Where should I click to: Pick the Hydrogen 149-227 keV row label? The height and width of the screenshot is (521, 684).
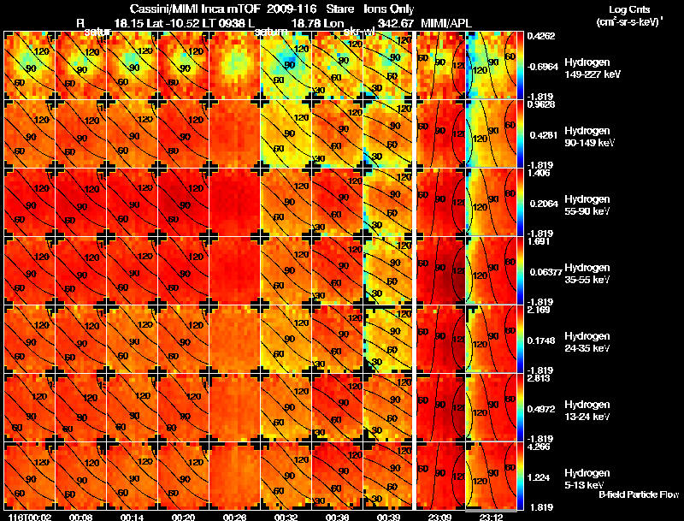pyautogui.click(x=587, y=68)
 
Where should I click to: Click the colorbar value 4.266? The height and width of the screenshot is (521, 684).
pyautogui.click(x=540, y=446)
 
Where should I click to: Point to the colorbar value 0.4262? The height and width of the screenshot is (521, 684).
pyautogui.click(x=542, y=36)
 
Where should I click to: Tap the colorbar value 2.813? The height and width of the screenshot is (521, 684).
pyautogui.click(x=540, y=377)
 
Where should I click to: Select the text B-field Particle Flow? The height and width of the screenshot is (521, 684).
pyautogui.click(x=638, y=494)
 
